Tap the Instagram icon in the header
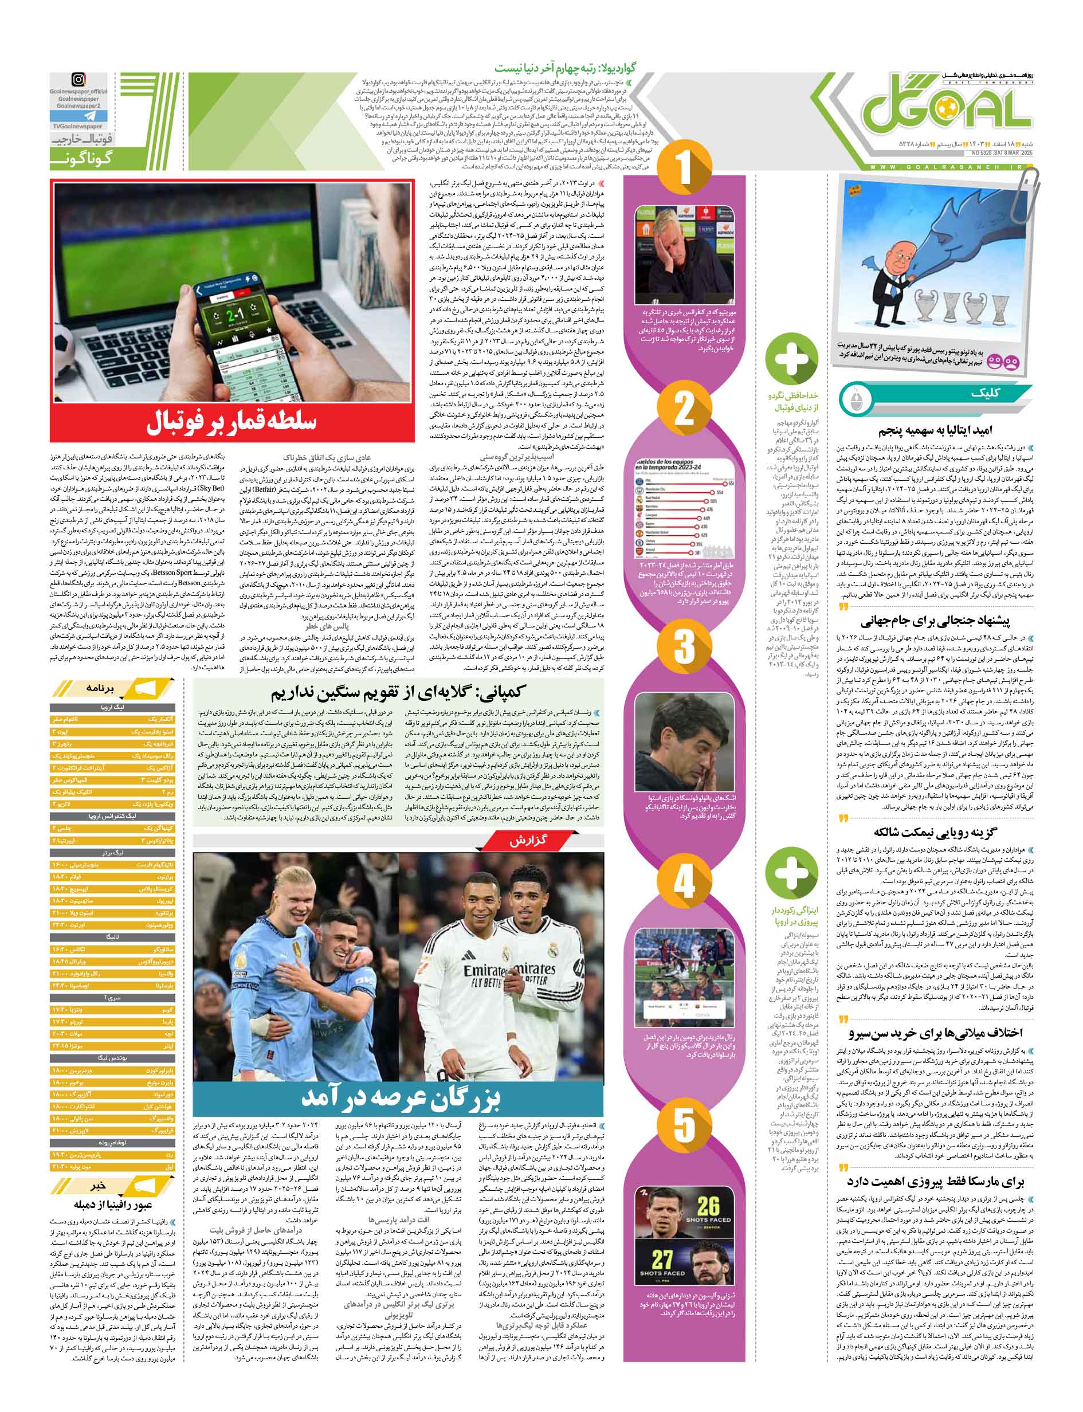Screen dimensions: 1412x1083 (x=78, y=80)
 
